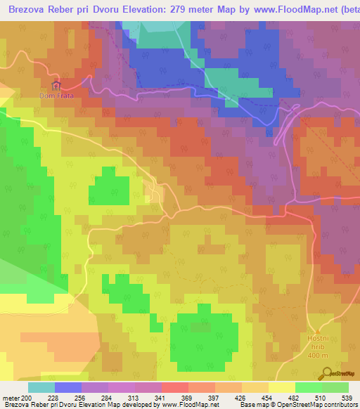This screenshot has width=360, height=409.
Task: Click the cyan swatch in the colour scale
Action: [x=41, y=387]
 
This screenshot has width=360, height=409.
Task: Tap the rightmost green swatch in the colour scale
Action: [x=335, y=387]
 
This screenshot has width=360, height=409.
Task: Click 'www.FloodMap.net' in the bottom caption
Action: [x=190, y=404]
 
